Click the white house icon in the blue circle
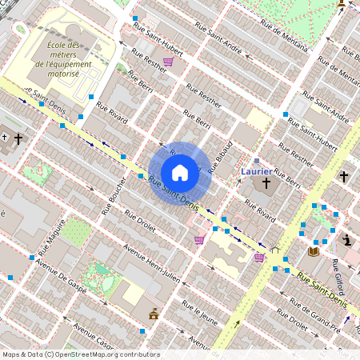point(180,172)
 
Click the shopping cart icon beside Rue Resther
point(168,61)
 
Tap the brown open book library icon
point(314,252)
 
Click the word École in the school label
point(60,46)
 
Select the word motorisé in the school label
point(60,73)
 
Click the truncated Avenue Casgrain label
point(94,334)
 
